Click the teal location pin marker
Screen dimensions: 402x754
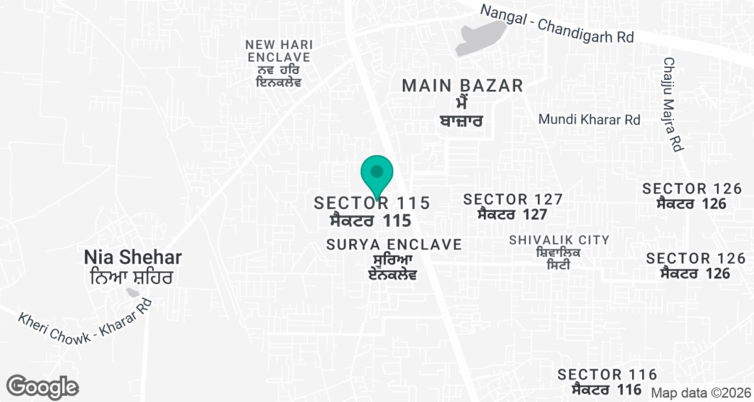[x=377, y=175]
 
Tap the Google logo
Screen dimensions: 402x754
[x=43, y=386]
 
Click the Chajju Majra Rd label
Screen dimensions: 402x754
[x=671, y=104]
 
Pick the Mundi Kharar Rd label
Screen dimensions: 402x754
[x=589, y=119]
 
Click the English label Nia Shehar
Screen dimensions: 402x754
[x=133, y=258]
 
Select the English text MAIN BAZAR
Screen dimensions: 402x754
[x=462, y=85]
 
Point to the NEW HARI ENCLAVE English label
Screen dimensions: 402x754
[x=279, y=51]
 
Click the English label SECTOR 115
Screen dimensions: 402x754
[x=372, y=203]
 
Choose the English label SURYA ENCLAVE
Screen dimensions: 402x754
[x=394, y=244]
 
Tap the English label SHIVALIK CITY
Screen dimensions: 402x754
[x=559, y=240]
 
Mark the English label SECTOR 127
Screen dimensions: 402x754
[x=513, y=200]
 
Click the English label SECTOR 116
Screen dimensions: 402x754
[x=607, y=375]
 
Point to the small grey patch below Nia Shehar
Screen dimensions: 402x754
[x=133, y=293]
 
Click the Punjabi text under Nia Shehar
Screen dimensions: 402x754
[x=133, y=276]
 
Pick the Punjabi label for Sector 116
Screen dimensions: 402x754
[x=607, y=389]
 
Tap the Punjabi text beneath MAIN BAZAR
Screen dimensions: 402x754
[x=462, y=111]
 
